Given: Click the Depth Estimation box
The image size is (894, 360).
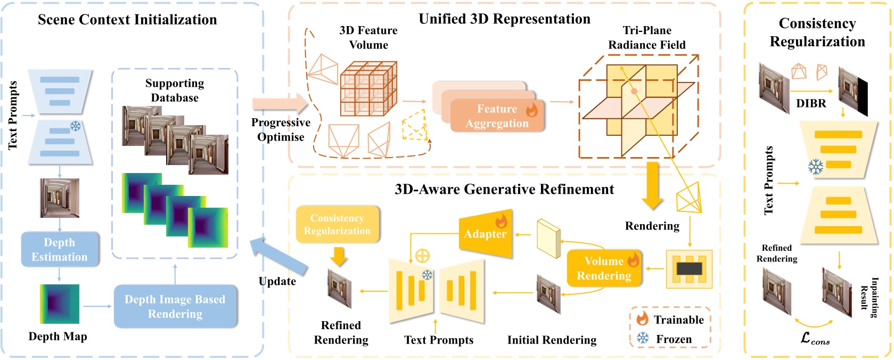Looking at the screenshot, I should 60,249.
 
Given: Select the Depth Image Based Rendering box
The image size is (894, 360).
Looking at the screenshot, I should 175,306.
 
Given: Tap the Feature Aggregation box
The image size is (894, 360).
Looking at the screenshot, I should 497,116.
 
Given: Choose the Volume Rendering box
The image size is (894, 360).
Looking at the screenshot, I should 604,268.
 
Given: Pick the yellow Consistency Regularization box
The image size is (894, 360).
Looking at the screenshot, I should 337,224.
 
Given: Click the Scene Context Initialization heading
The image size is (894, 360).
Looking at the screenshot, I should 127,20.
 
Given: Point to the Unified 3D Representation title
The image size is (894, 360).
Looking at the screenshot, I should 504,19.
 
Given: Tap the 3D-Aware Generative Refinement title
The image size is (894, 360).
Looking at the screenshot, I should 504,189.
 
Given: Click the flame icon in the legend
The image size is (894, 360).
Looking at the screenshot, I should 643,318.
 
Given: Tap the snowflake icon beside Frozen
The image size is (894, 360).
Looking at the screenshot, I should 643,338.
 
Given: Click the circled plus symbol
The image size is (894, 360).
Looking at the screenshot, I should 422,256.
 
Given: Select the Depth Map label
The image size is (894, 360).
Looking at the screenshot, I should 58,337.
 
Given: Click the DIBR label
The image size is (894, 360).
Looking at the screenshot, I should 811,103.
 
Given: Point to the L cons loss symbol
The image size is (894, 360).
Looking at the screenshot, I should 815,339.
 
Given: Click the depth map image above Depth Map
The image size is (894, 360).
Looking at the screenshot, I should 59,304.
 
